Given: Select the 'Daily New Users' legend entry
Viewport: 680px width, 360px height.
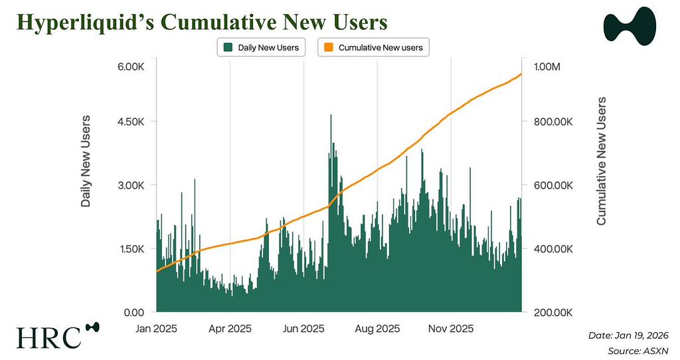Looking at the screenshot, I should click(261, 48).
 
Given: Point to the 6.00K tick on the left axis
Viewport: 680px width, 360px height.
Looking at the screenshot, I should click(130, 67).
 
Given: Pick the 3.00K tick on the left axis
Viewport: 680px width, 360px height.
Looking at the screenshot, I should click(130, 185).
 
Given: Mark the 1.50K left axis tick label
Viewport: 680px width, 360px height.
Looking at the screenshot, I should click(130, 249).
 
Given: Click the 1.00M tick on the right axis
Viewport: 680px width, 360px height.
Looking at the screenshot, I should click(547, 67).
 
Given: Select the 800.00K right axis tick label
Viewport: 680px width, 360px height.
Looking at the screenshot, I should click(554, 122).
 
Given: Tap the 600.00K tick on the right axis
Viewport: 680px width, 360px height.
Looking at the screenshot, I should click(554, 185).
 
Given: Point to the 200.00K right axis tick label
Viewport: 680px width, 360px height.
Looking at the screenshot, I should click(554, 312).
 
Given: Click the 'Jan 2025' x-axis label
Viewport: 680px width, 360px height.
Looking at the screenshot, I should click(157, 329).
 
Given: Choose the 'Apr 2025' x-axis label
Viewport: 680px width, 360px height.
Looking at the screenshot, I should click(230, 329).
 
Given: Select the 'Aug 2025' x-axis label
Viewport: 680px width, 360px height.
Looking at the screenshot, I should click(377, 329).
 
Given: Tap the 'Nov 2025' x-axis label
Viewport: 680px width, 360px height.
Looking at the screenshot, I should click(451, 329).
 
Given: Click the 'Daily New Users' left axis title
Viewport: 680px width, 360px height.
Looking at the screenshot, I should click(86, 161).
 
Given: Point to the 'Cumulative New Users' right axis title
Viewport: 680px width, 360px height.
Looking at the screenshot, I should click(601, 161).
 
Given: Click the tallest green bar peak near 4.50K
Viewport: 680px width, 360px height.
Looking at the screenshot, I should click(331, 116).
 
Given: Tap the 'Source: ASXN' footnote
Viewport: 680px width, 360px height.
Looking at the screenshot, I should click(637, 350).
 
